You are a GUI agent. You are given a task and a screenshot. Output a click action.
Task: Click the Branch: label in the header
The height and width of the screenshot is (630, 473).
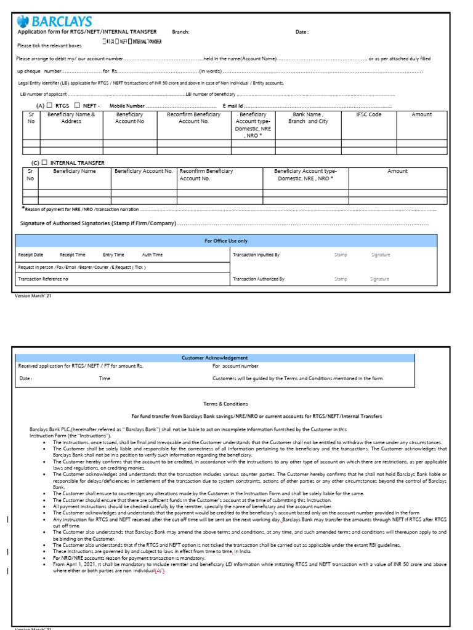click(x=180, y=31)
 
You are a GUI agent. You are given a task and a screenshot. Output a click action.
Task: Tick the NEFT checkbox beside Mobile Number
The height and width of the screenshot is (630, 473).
click(x=77, y=106)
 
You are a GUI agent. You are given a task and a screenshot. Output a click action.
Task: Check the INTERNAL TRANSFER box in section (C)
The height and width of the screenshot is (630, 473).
click(x=44, y=162)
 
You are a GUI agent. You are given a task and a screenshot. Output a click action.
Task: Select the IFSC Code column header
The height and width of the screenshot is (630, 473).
click(x=370, y=114)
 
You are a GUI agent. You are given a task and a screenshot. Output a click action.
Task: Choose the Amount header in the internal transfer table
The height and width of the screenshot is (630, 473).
click(x=397, y=171)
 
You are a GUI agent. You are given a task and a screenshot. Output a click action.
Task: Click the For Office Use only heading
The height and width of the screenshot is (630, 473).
click(x=226, y=241)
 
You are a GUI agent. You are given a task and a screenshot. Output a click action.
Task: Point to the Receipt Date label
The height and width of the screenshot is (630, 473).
click(x=31, y=255)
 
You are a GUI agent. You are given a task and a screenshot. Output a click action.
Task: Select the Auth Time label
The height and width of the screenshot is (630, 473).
click(x=152, y=255)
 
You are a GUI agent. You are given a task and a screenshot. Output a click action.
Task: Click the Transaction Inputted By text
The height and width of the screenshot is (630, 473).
click(x=256, y=255)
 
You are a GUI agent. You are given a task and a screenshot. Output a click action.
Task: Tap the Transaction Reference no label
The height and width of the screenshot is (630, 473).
click(x=43, y=279)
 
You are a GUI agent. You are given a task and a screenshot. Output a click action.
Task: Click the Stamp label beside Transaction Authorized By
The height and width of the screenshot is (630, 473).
click(x=341, y=279)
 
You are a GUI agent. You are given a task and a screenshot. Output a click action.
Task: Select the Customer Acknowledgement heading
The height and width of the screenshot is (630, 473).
click(x=215, y=357)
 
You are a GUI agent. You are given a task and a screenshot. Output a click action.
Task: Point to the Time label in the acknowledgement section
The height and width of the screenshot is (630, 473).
click(x=105, y=378)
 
